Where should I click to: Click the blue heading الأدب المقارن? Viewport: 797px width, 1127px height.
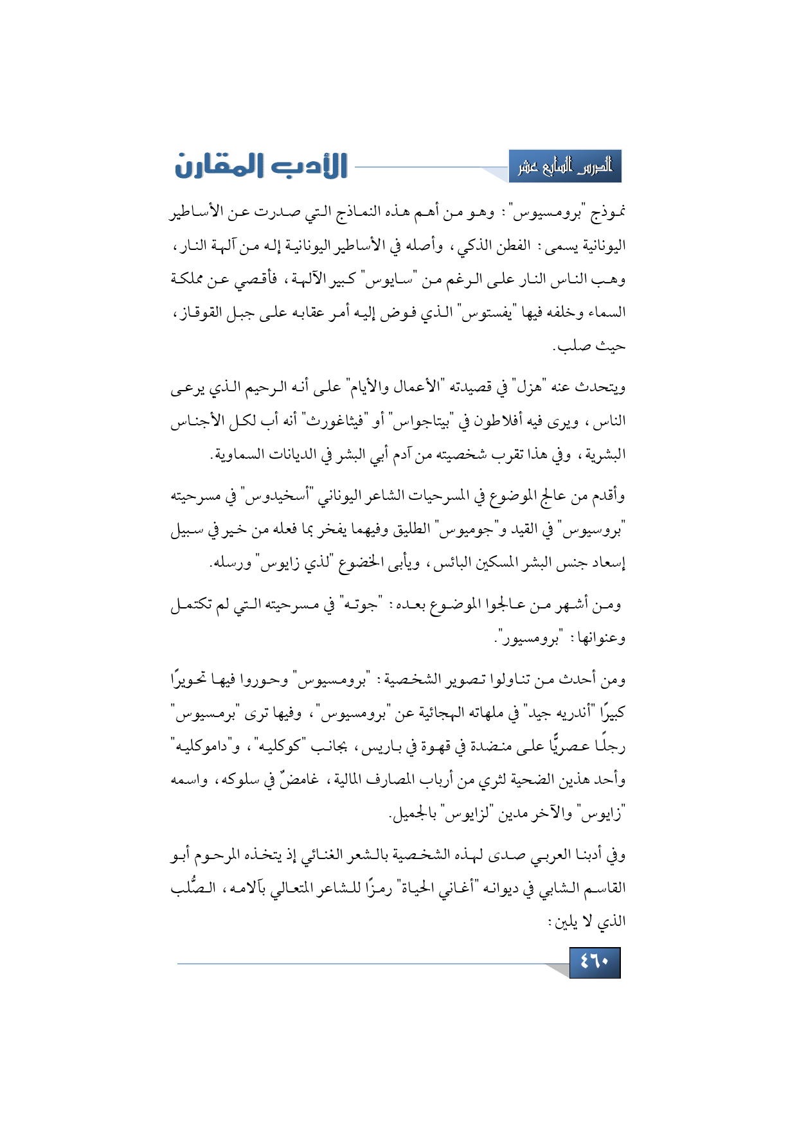[261, 166]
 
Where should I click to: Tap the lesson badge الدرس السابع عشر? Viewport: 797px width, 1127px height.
[565, 166]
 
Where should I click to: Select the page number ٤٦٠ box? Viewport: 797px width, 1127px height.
[595, 963]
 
